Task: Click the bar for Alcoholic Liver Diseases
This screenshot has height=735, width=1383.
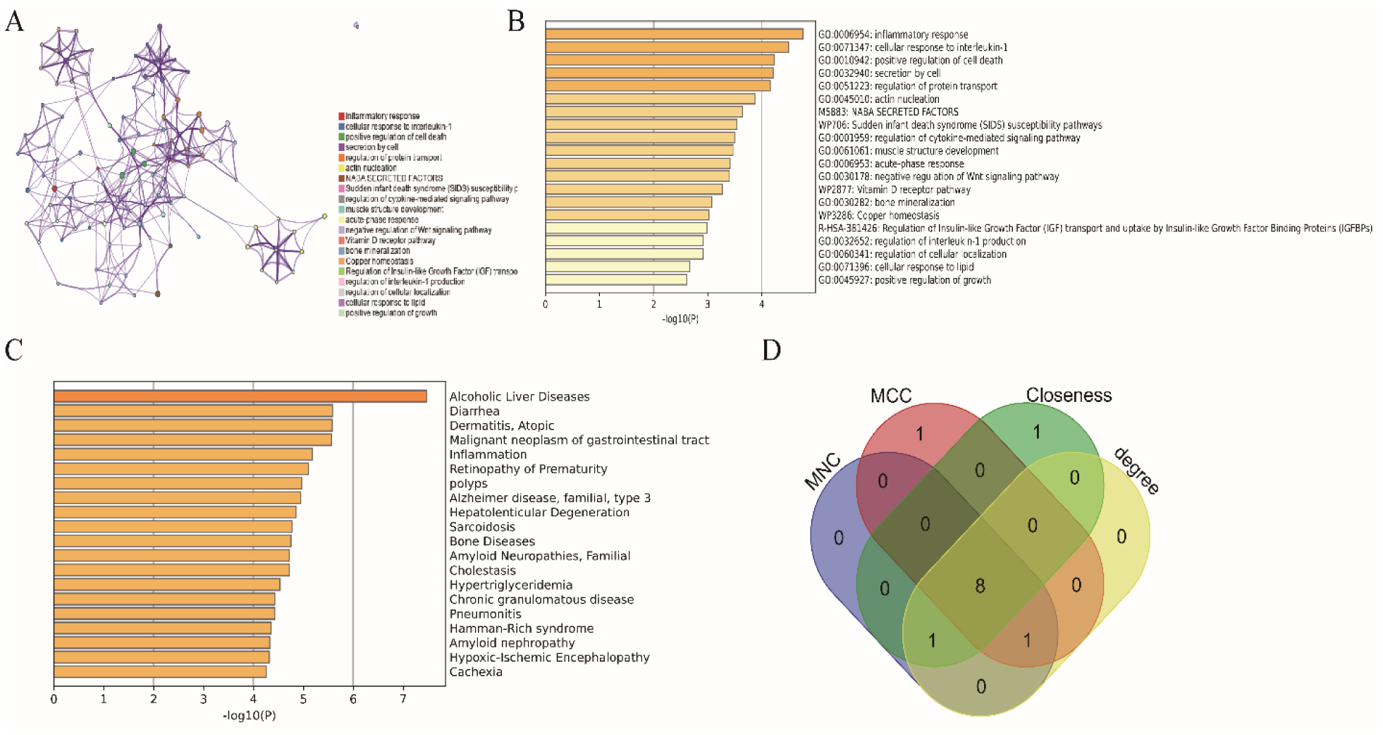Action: coord(240,396)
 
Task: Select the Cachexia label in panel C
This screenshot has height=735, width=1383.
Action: coord(476,672)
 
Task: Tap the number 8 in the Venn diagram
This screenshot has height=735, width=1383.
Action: coord(980,586)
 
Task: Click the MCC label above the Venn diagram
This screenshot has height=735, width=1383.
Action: coord(891,396)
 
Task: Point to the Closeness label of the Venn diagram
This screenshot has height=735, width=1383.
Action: coord(1069,395)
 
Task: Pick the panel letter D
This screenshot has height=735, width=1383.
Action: coord(772,350)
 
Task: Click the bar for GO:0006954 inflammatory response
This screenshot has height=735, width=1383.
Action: coord(674,34)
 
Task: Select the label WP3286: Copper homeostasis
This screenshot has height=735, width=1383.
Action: coord(878,215)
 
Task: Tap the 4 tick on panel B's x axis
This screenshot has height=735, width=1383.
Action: coord(761,305)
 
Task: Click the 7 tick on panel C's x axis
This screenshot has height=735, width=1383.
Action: coord(403,700)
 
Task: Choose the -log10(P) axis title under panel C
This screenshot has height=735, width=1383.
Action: coord(250,716)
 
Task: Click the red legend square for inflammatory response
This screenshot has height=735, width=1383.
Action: coord(342,116)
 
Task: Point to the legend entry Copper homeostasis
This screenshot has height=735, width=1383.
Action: coord(379,261)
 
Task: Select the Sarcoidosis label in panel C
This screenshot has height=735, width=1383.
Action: coord(482,527)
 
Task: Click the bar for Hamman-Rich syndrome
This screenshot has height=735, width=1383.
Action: coord(162,628)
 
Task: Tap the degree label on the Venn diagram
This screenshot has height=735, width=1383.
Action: coord(1136,471)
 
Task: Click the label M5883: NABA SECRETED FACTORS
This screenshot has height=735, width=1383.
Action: coord(888,111)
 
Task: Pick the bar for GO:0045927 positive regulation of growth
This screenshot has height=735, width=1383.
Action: coord(615,280)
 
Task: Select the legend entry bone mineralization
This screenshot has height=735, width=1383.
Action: coord(377,250)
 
